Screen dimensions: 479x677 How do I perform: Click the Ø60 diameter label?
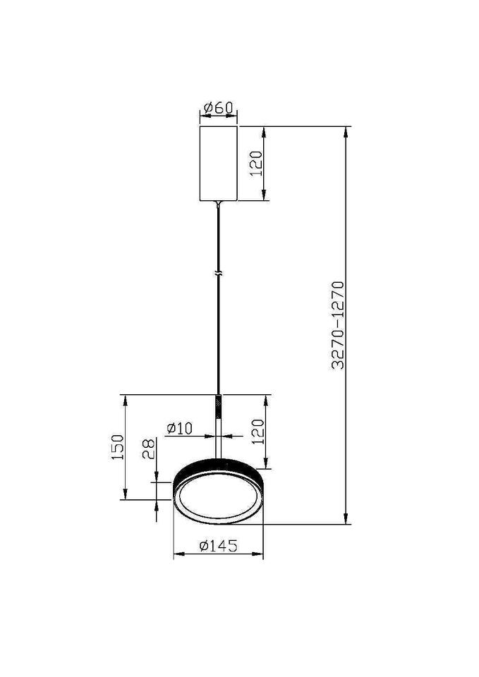219,107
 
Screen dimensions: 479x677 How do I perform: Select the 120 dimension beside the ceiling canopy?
256,163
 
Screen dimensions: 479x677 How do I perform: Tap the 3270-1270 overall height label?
338,325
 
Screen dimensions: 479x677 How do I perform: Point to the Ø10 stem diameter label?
179,428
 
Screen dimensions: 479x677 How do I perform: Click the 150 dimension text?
118,447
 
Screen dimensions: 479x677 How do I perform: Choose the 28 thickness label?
149,449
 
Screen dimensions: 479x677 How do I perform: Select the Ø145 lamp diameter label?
218,546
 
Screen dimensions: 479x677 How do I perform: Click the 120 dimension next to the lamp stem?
257,432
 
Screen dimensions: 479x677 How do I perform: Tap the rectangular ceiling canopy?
219,164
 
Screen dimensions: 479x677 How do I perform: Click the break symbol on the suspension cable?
219,274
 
